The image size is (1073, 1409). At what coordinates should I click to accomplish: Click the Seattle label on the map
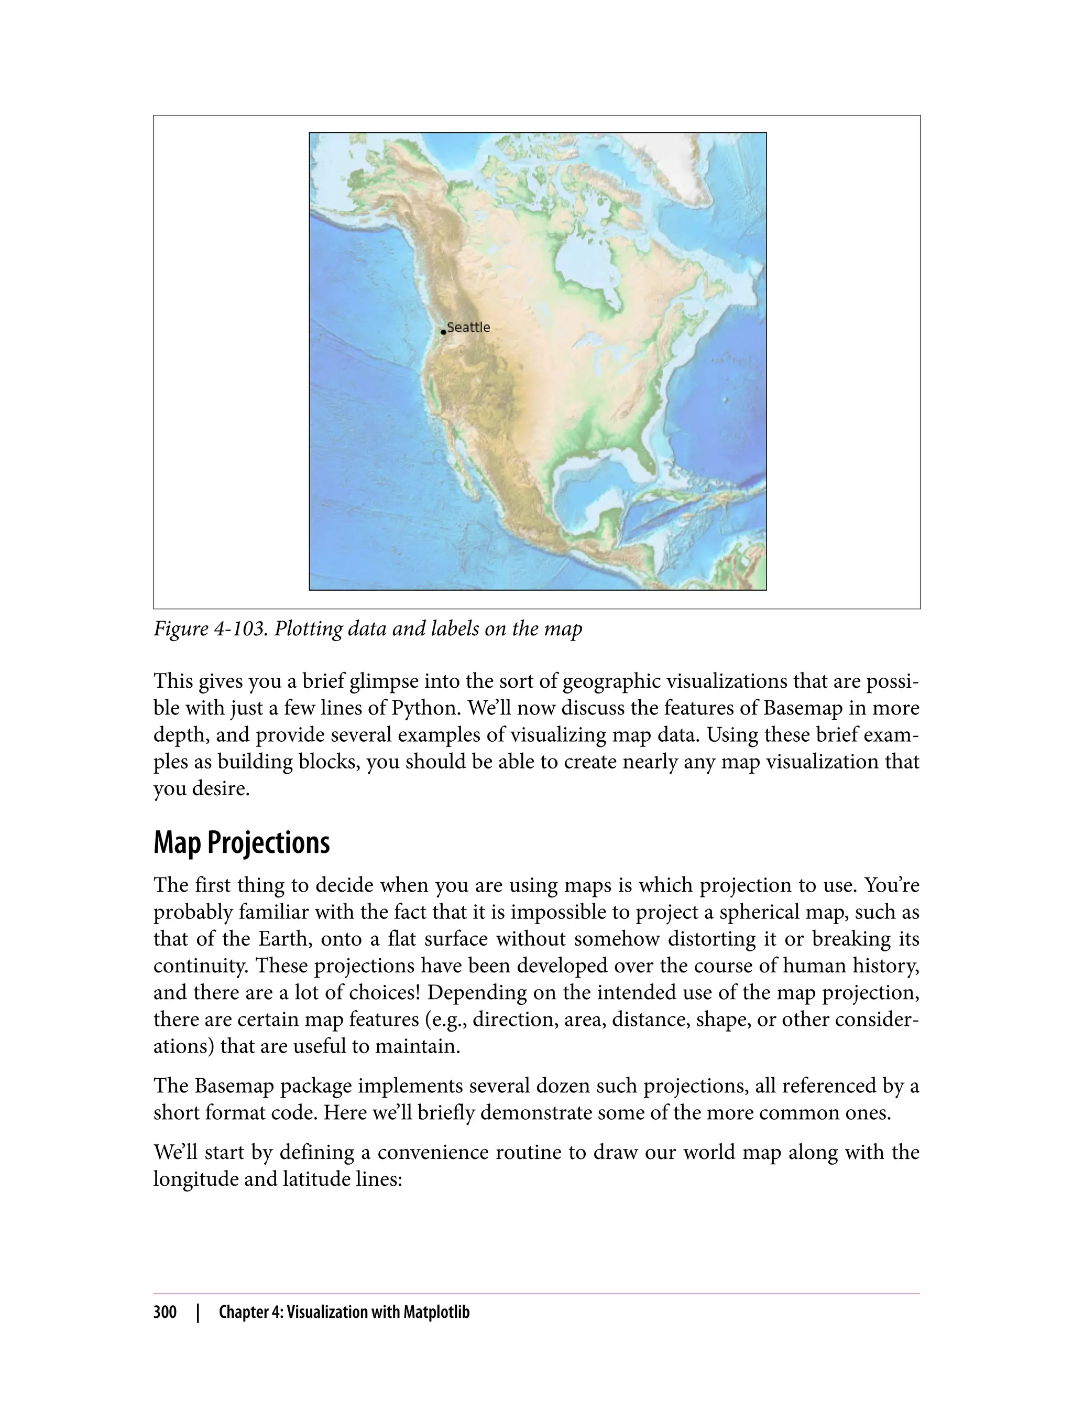(468, 327)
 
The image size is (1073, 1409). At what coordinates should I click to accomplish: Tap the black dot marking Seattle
(443, 332)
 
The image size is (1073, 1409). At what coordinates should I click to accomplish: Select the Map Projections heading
(242, 843)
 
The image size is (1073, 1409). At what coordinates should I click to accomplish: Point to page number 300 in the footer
(165, 1313)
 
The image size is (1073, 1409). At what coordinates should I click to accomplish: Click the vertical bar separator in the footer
(198, 1313)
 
